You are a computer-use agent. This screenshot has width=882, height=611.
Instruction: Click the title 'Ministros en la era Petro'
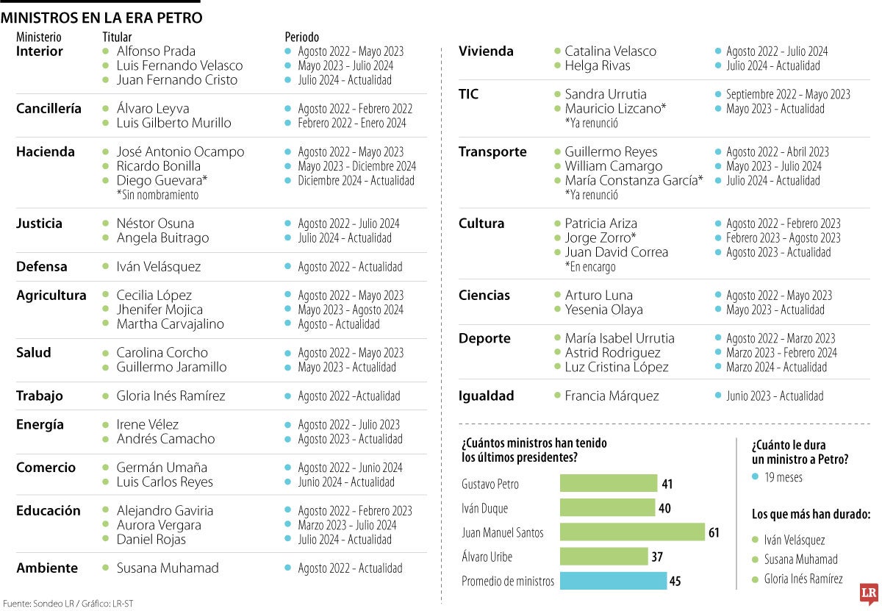coord(102,18)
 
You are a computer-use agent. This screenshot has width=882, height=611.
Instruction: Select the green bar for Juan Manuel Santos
coord(632,532)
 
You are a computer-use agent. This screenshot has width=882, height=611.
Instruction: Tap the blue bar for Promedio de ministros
coord(613,581)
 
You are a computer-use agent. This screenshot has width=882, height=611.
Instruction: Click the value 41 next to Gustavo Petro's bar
coord(667,484)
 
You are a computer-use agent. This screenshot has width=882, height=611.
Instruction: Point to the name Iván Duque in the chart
coord(484,508)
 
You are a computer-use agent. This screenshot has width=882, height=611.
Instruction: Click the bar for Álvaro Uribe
coord(603,557)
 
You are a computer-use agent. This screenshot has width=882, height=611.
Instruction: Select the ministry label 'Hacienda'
coord(46,152)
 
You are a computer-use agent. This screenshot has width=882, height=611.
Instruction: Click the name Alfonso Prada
coord(156,51)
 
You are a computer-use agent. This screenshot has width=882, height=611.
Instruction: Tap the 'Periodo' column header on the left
coord(301,37)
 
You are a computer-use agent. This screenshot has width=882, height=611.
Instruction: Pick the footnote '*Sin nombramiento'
coord(157,195)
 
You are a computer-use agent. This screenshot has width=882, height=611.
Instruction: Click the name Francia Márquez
coord(612,396)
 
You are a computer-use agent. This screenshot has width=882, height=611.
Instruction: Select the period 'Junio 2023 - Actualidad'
coord(775,396)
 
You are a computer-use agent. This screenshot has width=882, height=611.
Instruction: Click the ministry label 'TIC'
coord(468,94)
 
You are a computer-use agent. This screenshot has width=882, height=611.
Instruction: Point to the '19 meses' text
coord(784,477)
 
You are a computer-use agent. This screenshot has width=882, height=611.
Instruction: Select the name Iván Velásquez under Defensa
coord(158,267)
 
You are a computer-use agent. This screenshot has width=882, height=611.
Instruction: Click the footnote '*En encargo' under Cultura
coord(589,267)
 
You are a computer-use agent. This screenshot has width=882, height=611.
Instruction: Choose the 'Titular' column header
coord(117,37)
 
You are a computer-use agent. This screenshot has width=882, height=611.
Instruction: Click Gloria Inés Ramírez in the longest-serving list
coord(803,579)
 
